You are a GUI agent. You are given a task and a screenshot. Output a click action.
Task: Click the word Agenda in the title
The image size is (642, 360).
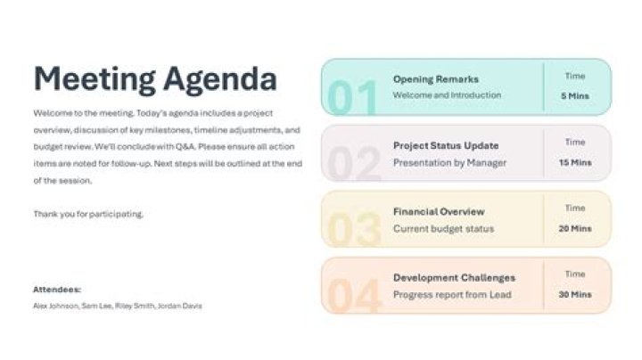click(219, 79)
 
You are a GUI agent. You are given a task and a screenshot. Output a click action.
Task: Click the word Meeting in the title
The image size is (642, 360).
click(94, 79)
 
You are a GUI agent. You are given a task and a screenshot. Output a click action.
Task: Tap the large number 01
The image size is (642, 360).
click(352, 99)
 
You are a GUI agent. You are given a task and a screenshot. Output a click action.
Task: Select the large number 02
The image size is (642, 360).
click(353, 164)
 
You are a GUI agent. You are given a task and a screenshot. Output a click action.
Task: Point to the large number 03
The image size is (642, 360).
click(353, 230)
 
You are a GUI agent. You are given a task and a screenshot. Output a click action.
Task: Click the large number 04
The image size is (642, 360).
click(353, 297)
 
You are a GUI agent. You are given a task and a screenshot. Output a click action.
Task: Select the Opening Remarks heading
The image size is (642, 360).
click(435, 79)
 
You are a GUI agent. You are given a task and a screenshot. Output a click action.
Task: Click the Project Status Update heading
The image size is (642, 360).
click(446, 145)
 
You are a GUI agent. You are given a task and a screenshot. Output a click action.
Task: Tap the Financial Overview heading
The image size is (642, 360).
click(439, 212)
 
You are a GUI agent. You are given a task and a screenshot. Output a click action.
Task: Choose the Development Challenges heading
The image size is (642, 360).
click(454, 278)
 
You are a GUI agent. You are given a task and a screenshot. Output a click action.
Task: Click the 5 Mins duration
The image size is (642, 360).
click(575, 96)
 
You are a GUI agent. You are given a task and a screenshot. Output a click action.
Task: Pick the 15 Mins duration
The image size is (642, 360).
click(575, 163)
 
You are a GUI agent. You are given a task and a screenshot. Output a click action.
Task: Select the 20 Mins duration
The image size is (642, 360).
click(575, 229)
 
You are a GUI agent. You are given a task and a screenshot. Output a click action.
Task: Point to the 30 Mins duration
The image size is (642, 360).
click(575, 295)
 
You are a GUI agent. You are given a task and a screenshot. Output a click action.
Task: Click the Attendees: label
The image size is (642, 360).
click(57, 290)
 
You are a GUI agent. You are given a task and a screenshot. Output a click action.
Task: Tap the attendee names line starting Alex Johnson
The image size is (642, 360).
click(117, 306)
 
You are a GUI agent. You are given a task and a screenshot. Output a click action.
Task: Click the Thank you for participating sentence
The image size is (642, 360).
click(88, 214)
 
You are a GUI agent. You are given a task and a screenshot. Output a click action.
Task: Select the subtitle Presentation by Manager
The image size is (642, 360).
click(449, 163)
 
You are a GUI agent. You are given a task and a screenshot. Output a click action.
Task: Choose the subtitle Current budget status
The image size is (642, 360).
click(443, 229)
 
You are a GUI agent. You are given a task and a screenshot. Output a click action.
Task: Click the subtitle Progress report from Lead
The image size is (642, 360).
click(452, 295)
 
